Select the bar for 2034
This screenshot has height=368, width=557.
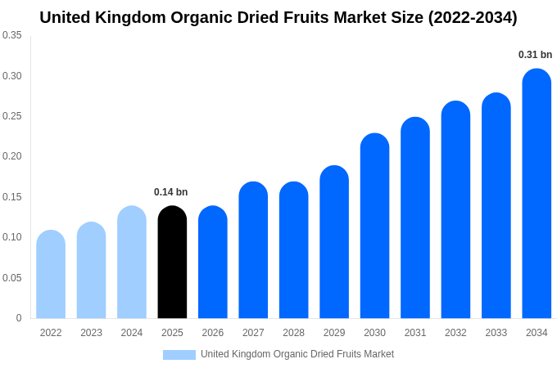click(537, 194)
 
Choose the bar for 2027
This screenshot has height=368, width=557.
click(253, 250)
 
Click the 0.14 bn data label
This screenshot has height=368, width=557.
click(170, 192)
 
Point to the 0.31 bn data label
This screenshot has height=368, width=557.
click(535, 55)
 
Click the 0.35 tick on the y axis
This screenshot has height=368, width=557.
click(12, 35)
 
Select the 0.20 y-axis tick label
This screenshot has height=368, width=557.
click(12, 156)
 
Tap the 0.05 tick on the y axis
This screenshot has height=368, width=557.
click(12, 278)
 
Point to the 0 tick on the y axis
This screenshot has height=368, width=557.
click(19, 318)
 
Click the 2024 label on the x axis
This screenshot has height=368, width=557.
click(132, 333)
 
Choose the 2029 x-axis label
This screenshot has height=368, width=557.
click(334, 333)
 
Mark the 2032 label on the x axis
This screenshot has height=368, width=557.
click(455, 333)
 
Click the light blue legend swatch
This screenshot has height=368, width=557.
click(179, 355)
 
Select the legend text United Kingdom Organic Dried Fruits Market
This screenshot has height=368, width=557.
click(297, 354)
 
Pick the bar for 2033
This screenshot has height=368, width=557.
click(496, 206)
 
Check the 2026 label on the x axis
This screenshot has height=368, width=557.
click(213, 333)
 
